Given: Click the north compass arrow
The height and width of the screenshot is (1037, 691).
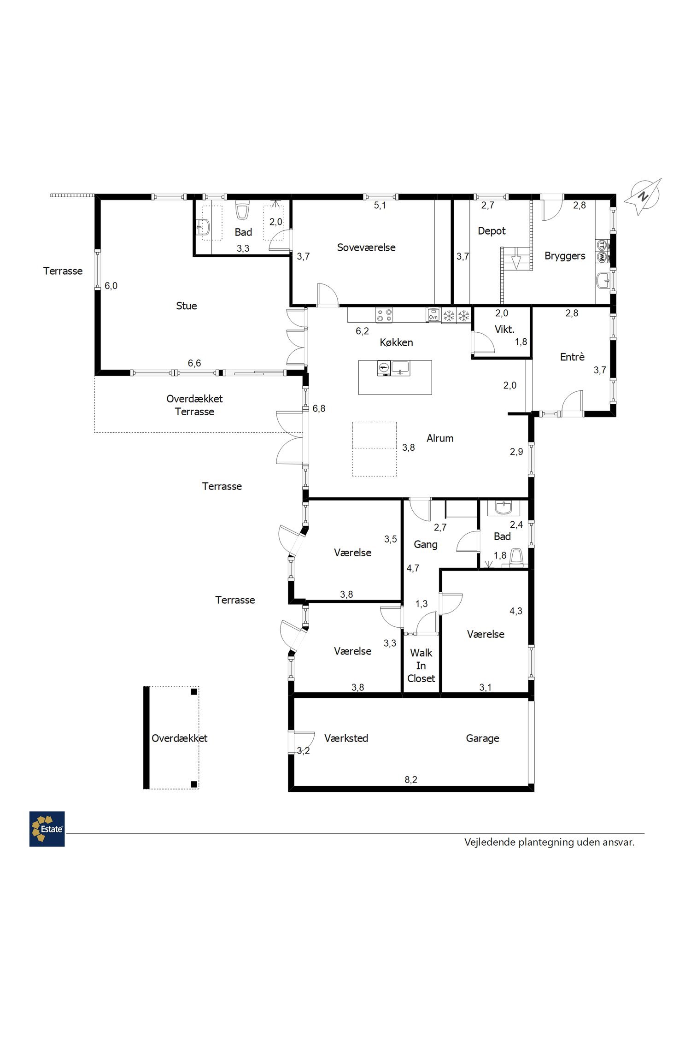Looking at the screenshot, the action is tap(643, 197).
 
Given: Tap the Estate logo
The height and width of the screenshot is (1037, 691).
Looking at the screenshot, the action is tap(47, 829).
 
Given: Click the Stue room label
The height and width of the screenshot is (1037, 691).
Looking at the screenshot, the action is tap(187, 306).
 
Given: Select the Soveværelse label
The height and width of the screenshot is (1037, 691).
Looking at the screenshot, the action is tap(366, 247).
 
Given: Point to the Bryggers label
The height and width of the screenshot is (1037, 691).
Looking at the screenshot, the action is tap(565, 256).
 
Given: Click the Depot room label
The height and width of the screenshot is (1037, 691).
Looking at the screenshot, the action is tap(492, 231).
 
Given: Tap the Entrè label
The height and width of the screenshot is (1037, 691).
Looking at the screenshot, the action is tap(572, 356).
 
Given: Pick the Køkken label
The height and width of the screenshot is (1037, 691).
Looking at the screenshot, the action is tap(396, 342).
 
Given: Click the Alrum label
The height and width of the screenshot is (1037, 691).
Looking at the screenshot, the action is tap(440, 438).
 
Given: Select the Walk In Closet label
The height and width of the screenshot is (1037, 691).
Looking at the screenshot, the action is tap(421, 666).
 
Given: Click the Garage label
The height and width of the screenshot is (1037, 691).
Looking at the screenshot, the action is tap(482, 738).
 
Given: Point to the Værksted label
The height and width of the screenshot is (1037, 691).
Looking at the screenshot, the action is tap(346, 738).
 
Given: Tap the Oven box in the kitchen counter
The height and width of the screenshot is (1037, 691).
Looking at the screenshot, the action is tap(433, 315).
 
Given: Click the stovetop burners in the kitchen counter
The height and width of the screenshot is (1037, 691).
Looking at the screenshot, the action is tap(385, 315).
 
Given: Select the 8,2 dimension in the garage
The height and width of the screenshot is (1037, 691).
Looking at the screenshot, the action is tap(411, 780).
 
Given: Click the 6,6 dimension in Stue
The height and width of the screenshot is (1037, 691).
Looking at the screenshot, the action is tap(194, 363).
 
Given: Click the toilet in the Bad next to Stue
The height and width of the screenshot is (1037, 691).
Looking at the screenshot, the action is tap(242, 210).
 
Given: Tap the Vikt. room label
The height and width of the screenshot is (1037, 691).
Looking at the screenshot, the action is tap(504, 330).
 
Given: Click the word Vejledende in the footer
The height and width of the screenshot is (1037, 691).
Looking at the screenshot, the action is tap(489, 842).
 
